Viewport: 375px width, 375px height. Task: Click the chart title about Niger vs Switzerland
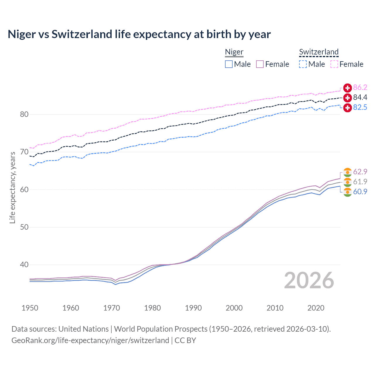(139, 34)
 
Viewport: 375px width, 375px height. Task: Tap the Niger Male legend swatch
(229, 64)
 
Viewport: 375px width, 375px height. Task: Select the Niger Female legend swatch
(260, 64)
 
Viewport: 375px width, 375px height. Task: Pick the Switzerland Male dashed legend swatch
(303, 64)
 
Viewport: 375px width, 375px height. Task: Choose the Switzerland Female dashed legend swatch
(334, 64)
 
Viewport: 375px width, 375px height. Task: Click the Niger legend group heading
(234, 52)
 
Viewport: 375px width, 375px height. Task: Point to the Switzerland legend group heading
(319, 52)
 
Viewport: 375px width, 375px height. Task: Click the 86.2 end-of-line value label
(360, 88)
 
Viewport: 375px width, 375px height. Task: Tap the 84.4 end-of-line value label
(360, 98)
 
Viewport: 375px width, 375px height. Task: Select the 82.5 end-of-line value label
(360, 108)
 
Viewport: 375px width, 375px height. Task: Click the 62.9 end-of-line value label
(360, 172)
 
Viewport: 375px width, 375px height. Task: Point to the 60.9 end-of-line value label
(360, 192)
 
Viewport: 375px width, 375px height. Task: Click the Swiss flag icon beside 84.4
(347, 98)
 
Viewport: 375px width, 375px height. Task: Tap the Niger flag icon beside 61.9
(347, 182)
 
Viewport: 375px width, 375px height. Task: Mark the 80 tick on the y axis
(24, 115)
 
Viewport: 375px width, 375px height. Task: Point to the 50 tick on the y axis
(24, 227)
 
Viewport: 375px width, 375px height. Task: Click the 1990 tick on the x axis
(193, 308)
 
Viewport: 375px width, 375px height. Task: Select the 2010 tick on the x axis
(275, 308)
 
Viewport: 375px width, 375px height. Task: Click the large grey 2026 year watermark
(309, 280)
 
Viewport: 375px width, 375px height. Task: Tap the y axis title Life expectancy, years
(12, 187)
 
